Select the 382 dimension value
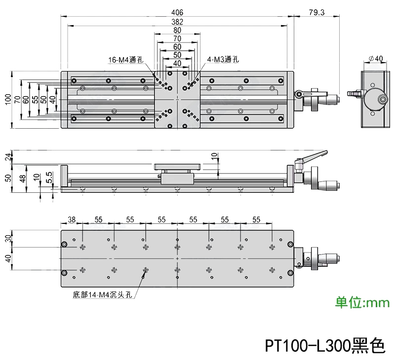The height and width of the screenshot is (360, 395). coord(177,21)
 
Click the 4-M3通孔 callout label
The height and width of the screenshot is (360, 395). coord(223,60)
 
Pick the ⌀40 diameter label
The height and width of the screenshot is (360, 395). coord(376,59)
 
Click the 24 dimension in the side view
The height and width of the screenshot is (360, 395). coord(7,157)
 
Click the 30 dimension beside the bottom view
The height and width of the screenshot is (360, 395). coord(7,238)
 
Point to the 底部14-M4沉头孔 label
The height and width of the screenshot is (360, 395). coord(102,295)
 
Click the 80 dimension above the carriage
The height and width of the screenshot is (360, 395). coord(177,30)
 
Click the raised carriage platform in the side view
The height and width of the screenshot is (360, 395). coord(177,167)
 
